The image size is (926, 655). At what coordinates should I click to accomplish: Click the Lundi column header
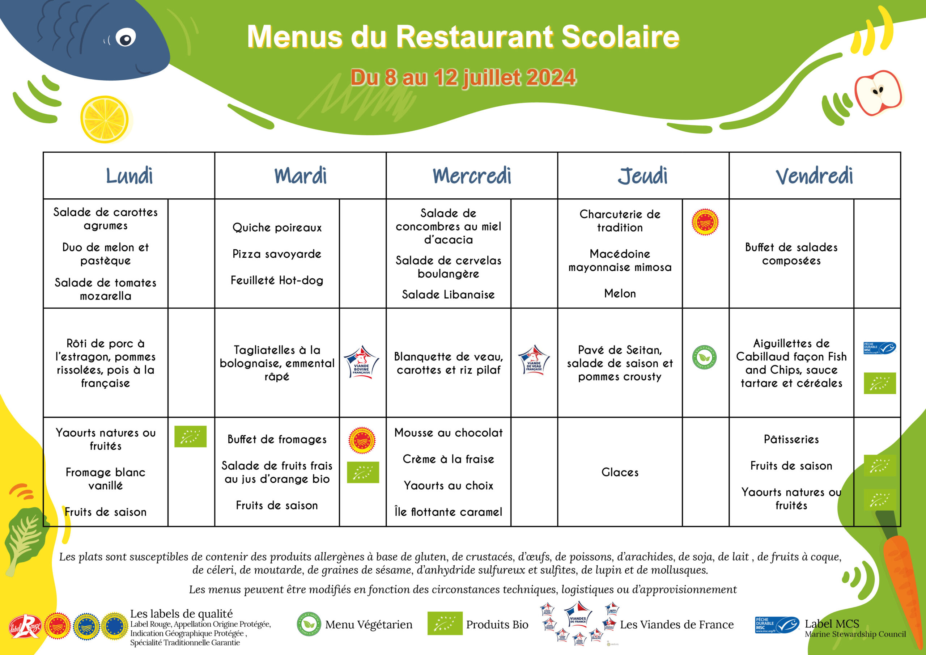129,176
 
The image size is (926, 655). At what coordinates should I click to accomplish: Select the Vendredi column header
814,176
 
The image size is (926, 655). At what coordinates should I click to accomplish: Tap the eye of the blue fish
126,39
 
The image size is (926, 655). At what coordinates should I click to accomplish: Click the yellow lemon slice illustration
105,119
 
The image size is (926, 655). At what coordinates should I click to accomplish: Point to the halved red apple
878,93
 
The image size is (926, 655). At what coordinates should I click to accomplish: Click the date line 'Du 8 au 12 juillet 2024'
463,77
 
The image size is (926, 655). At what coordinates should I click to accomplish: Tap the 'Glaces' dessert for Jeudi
620,472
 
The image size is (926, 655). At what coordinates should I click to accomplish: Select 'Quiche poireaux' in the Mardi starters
277,228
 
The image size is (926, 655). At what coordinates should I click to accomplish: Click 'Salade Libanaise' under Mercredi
448,295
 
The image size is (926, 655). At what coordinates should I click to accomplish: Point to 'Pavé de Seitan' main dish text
620,350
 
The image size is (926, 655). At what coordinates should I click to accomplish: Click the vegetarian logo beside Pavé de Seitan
704,357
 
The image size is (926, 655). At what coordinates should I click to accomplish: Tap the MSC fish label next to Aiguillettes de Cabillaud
879,348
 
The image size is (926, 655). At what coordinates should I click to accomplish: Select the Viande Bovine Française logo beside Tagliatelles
361,362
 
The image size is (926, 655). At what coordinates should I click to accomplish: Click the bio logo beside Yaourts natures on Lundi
190,436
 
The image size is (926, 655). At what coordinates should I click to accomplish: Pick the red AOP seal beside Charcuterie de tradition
705,222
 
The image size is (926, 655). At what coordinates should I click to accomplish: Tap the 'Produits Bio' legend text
497,625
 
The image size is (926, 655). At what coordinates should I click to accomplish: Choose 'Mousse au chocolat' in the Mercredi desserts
449,433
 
